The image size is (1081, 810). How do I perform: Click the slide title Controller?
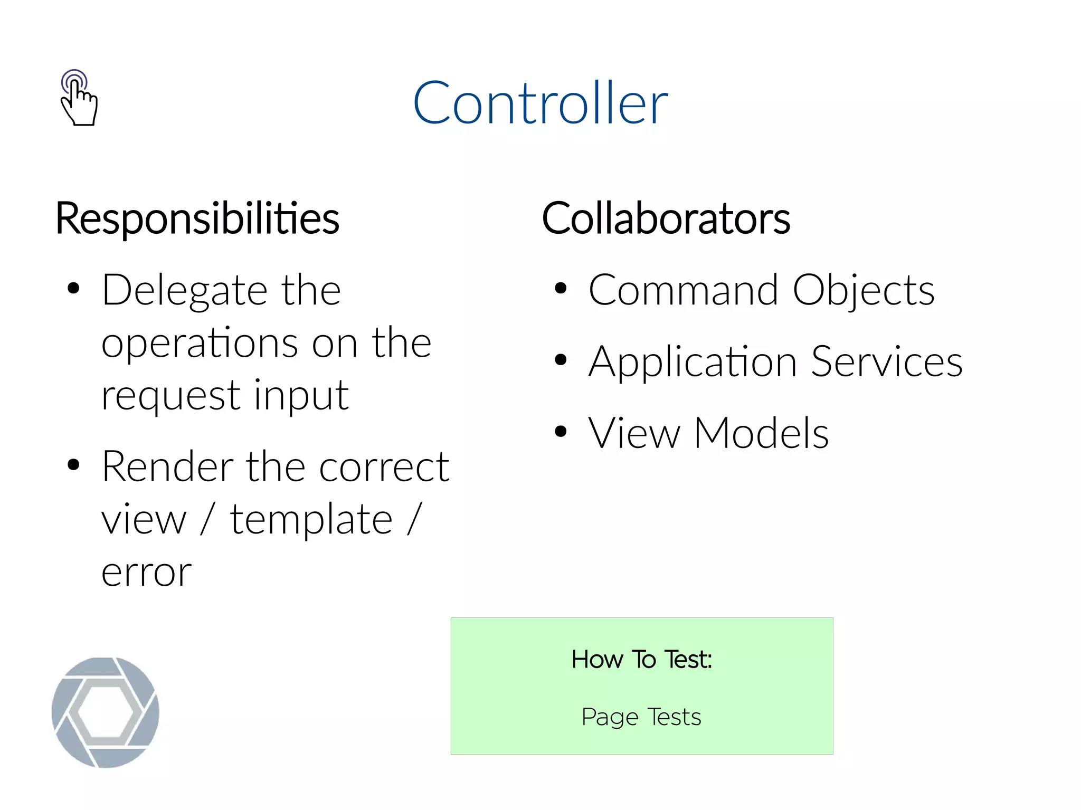click(540, 103)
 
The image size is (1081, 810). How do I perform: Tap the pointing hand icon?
click(78, 99)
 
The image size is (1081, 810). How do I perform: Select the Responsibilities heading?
click(197, 218)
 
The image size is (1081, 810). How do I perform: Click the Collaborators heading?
click(666, 218)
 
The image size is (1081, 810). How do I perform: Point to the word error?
click(146, 573)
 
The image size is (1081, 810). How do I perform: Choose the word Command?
click(683, 290)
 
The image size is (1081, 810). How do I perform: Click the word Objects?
click(864, 291)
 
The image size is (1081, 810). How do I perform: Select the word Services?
click(887, 362)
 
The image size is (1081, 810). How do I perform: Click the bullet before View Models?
click(561, 432)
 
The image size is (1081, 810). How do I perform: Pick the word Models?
click(761, 433)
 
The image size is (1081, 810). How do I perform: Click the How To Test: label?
click(641, 660)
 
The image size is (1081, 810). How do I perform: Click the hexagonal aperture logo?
click(106, 712)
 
